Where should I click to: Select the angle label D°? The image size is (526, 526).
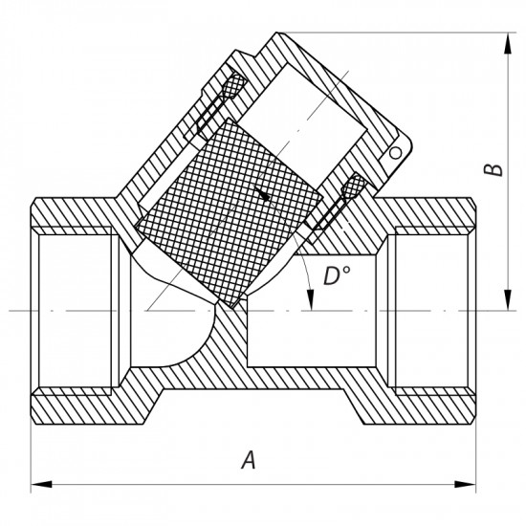(x=335, y=277)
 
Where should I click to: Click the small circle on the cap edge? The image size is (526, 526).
(x=392, y=152)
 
